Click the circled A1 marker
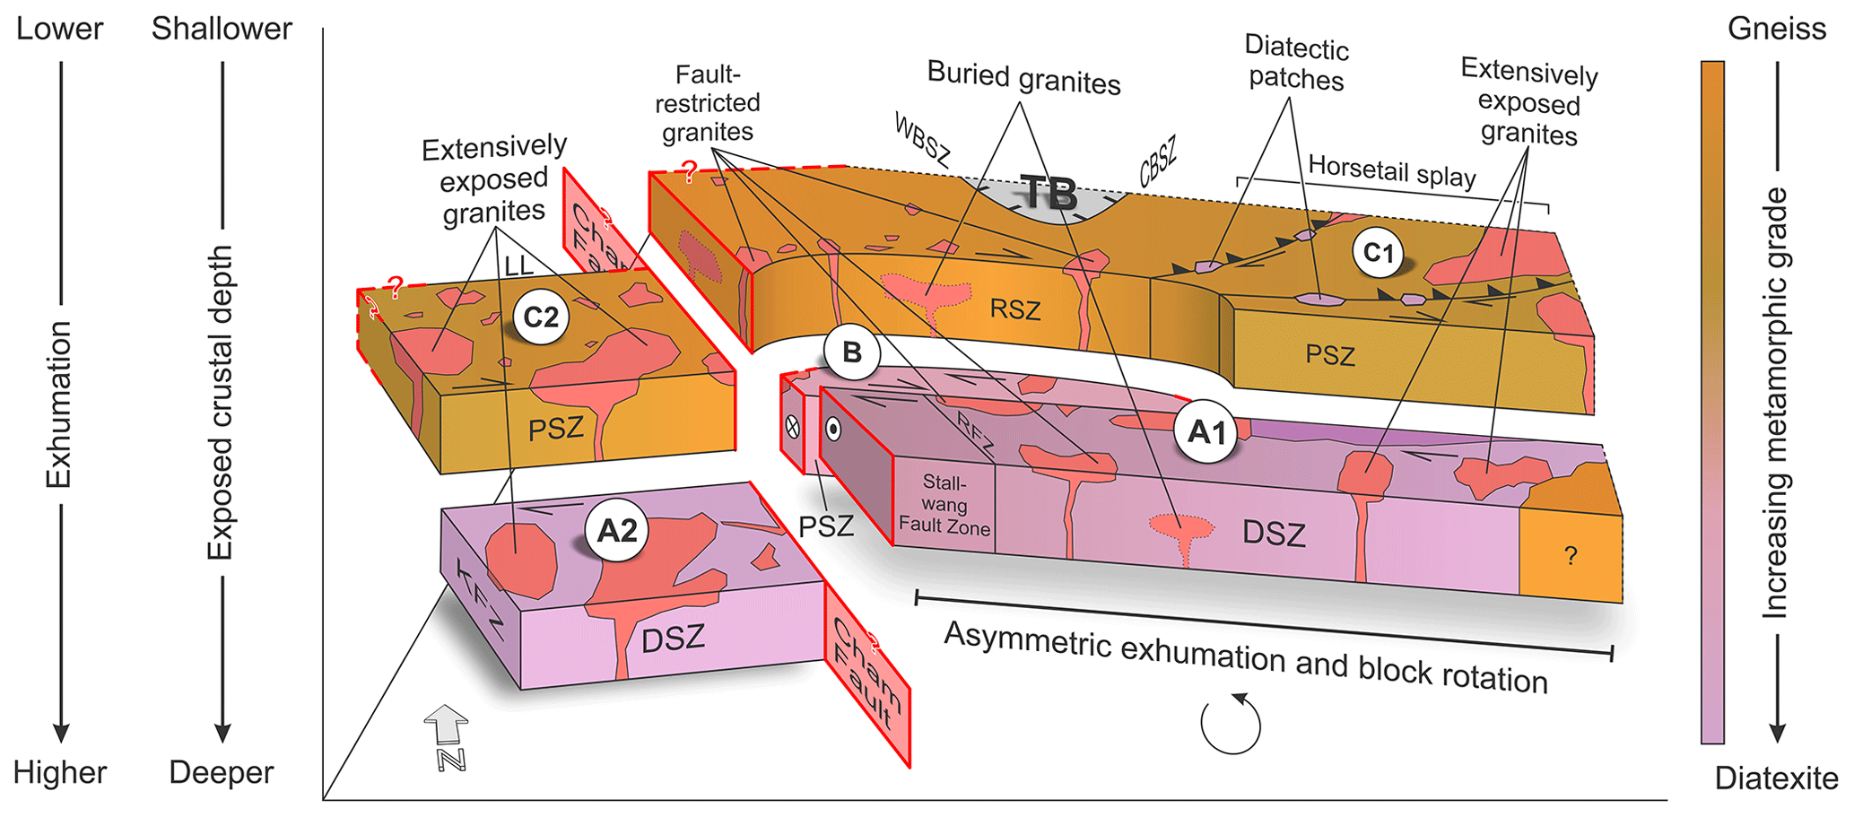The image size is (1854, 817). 1206,431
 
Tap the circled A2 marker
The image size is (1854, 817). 617,530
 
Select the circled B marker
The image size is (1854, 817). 851,352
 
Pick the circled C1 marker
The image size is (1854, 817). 1378,252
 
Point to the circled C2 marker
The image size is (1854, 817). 540,317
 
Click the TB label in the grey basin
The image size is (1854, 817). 1049,194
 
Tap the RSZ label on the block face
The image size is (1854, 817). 1014,309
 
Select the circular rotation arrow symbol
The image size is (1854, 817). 1231,724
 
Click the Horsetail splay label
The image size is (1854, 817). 1391,169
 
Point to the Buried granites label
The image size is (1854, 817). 1023,78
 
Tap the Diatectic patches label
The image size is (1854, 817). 1296,64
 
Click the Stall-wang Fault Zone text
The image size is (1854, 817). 944,505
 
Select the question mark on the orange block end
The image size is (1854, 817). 1570,556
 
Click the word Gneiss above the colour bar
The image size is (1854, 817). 1776,29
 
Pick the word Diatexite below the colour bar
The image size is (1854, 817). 1776,778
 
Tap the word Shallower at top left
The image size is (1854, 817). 222,29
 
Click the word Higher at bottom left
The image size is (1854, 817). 60,772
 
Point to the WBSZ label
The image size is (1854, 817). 922,140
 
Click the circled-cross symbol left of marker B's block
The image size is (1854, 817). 792,427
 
